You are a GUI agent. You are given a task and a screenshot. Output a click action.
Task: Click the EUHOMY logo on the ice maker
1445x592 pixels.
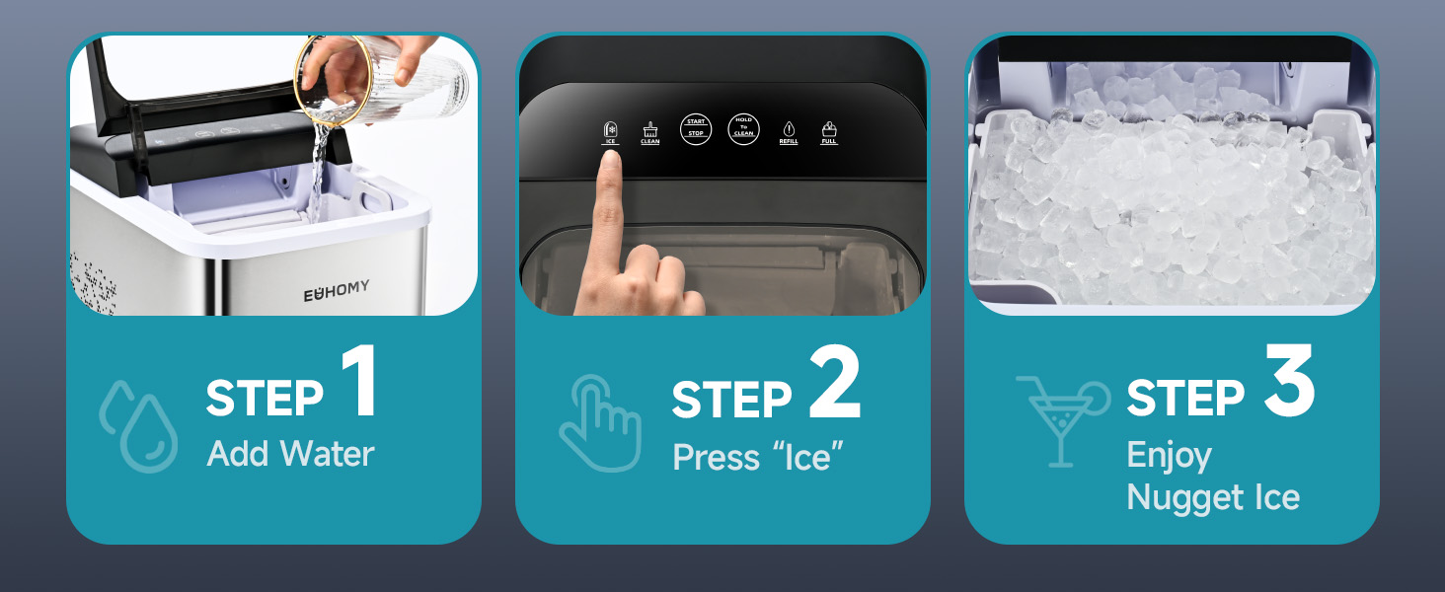[337, 290]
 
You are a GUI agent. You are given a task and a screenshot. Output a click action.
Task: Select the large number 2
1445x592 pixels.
[835, 385]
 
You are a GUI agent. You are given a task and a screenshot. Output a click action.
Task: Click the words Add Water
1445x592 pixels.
[291, 454]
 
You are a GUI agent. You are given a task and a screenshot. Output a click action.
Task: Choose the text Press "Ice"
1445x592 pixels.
[758, 456]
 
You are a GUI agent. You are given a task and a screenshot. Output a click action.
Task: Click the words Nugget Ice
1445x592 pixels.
[1213, 496]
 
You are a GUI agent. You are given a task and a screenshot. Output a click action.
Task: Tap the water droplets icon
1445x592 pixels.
[139, 425]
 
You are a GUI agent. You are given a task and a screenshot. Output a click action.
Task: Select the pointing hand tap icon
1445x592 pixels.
[600, 425]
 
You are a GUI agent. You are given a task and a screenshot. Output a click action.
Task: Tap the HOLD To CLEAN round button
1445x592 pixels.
[743, 130]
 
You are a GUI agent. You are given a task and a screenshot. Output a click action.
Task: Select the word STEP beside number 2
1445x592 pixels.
[731, 399]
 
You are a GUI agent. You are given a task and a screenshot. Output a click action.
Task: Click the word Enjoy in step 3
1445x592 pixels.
[1169, 455]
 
